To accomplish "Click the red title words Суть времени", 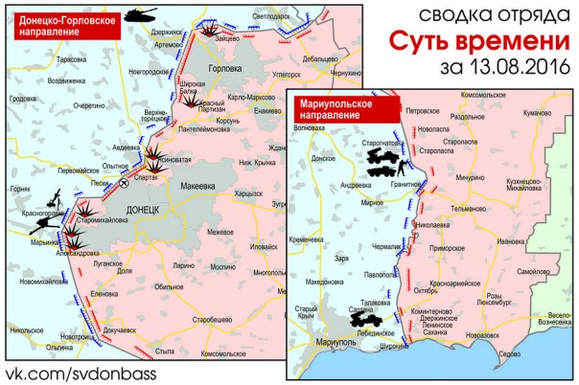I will [475, 43].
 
